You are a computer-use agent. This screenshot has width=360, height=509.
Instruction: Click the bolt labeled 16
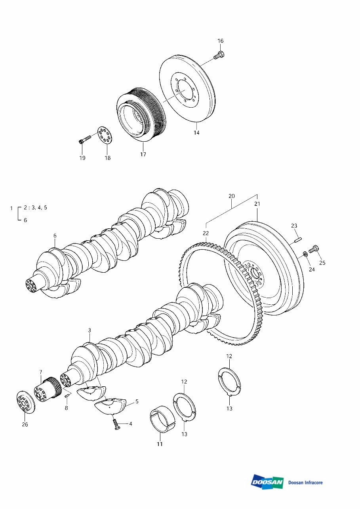pyautogui.click(x=219, y=55)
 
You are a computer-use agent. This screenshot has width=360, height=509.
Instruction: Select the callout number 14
pyautogui.click(x=196, y=133)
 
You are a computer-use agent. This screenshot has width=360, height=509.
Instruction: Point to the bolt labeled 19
pyautogui.click(x=84, y=139)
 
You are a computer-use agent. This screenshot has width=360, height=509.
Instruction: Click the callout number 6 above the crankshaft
pyautogui.click(x=55, y=236)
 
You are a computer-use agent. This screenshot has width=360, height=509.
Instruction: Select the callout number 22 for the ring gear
pyautogui.click(x=206, y=233)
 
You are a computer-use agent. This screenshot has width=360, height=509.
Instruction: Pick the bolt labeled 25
pyautogui.click(x=314, y=249)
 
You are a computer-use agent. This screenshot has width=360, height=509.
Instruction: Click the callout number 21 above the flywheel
pyautogui.click(x=257, y=204)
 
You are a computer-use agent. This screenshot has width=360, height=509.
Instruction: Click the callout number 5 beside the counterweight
pyautogui.click(x=137, y=401)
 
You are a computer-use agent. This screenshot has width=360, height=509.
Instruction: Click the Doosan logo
pyautogui.click(x=267, y=482)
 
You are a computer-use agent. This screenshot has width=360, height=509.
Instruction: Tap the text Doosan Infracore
pyautogui.click(x=305, y=482)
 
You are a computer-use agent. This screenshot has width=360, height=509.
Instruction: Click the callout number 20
pyautogui.click(x=232, y=196)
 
